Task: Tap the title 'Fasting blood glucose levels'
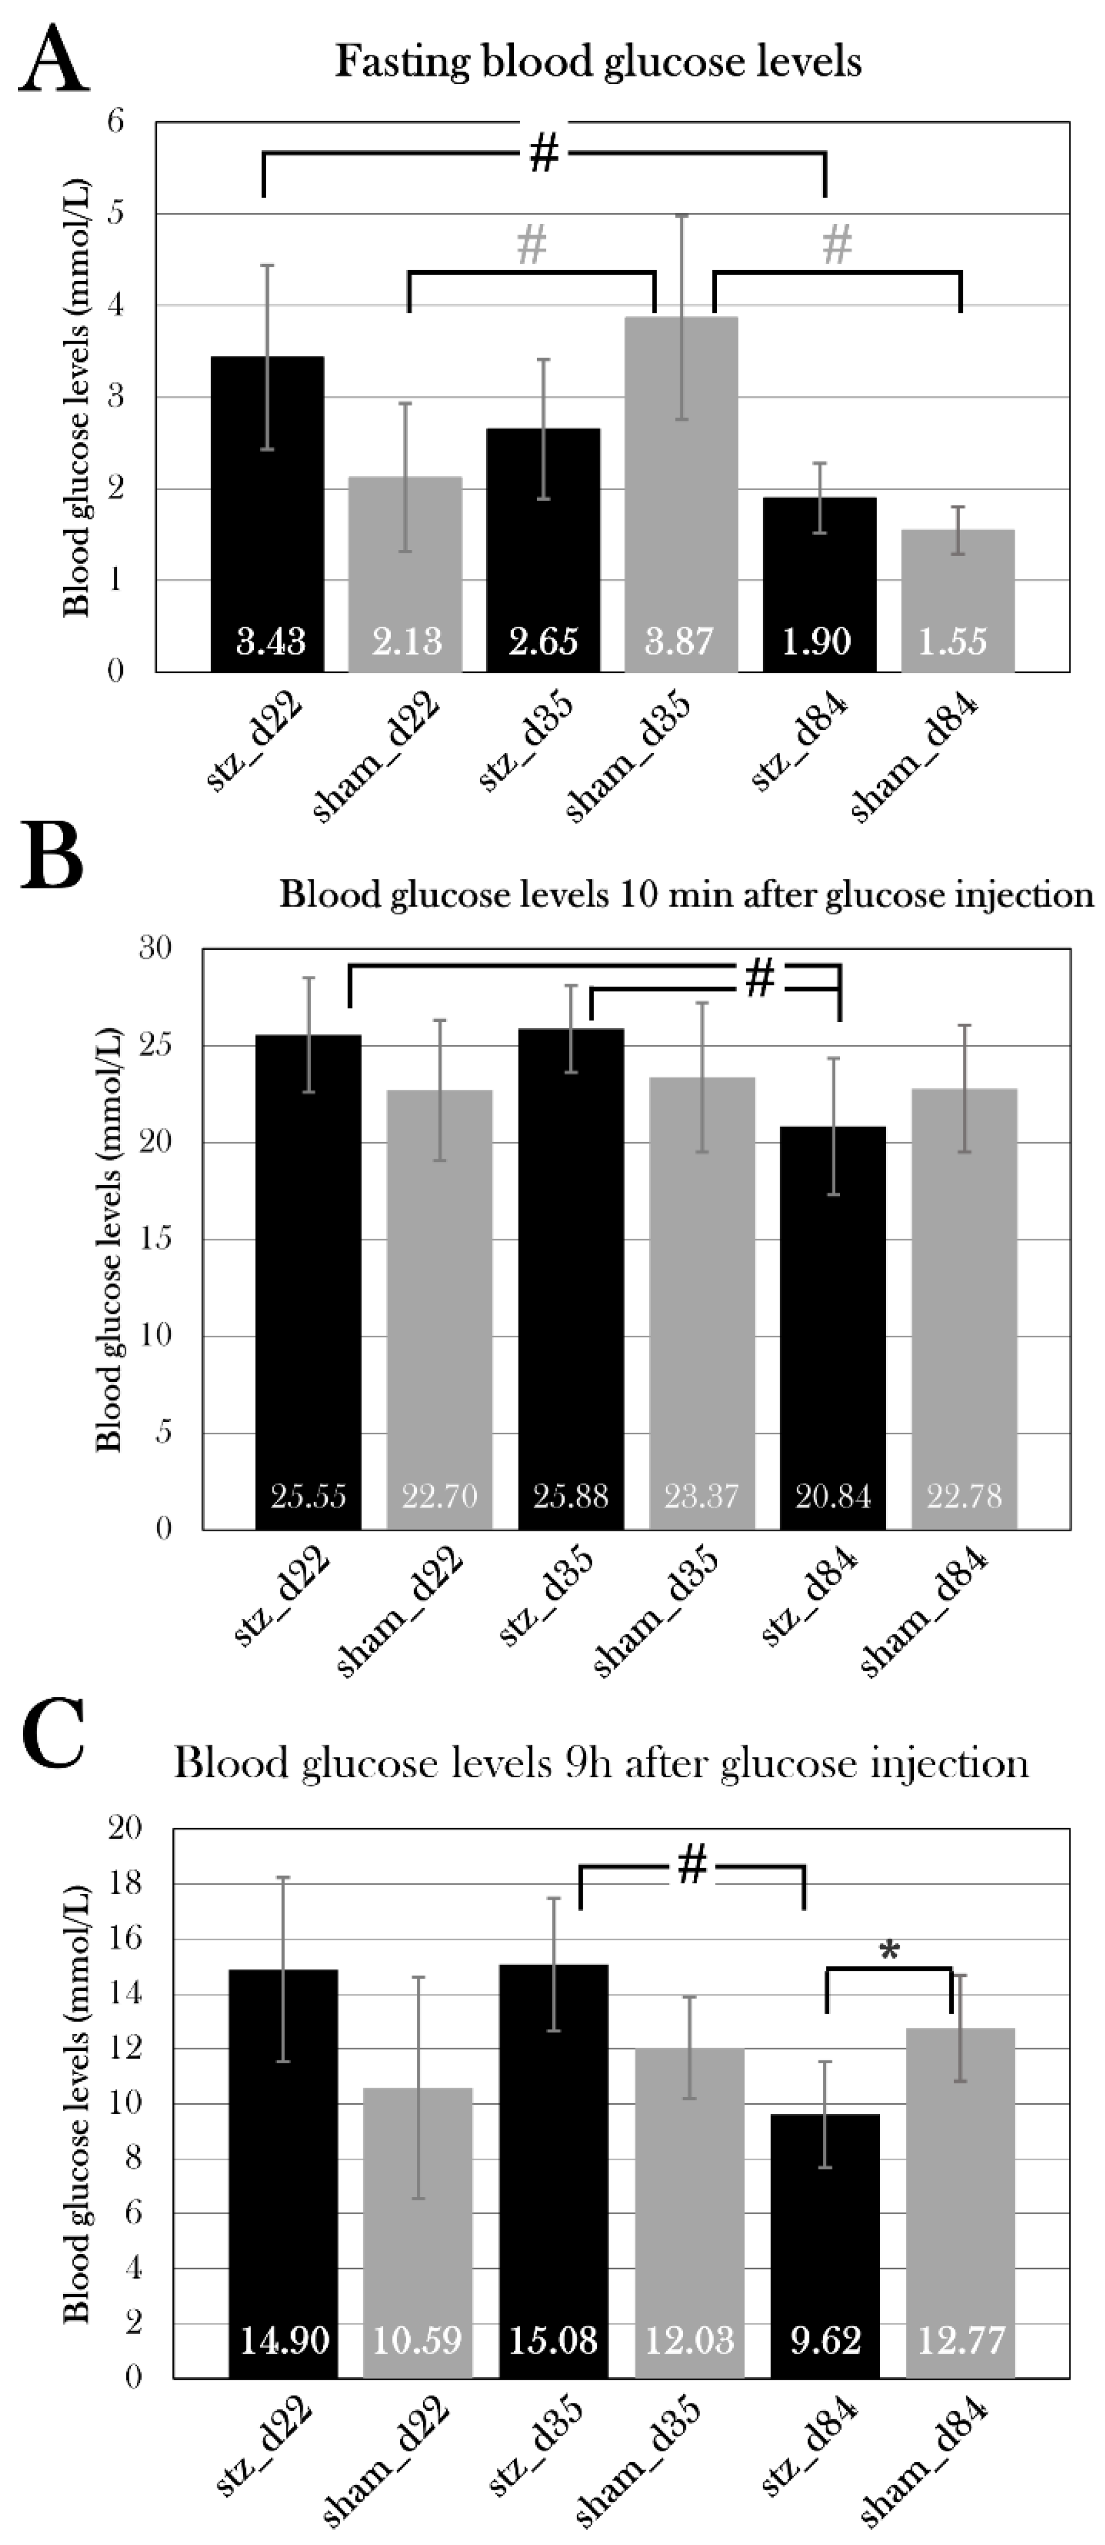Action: click(x=598, y=62)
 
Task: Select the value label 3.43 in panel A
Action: click(x=270, y=641)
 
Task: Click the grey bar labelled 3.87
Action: click(x=680, y=494)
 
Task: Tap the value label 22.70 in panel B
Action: click(x=439, y=1496)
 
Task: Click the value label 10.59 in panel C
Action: click(x=417, y=2340)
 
